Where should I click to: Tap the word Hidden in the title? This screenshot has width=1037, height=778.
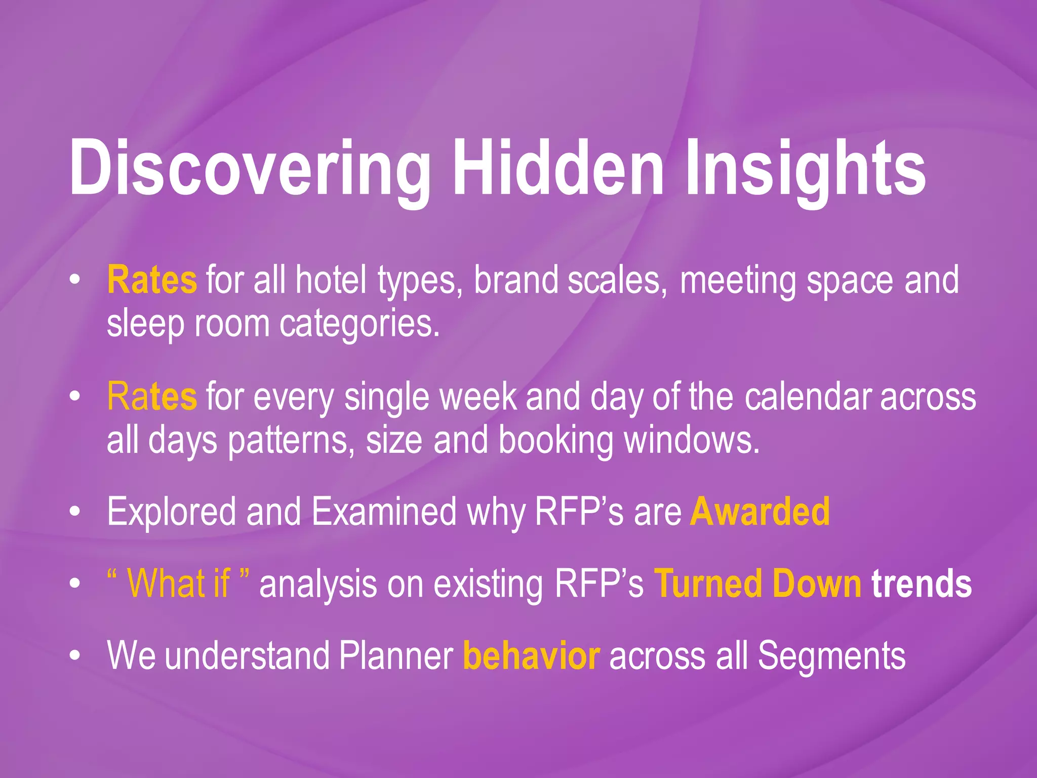point(557,167)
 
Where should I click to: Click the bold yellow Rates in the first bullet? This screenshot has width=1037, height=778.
point(152,280)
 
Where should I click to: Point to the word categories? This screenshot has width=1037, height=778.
point(359,325)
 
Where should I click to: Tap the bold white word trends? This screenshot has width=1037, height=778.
point(922,583)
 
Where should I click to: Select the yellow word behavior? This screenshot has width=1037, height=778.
point(532,656)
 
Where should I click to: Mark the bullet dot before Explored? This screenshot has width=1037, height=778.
point(75,513)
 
